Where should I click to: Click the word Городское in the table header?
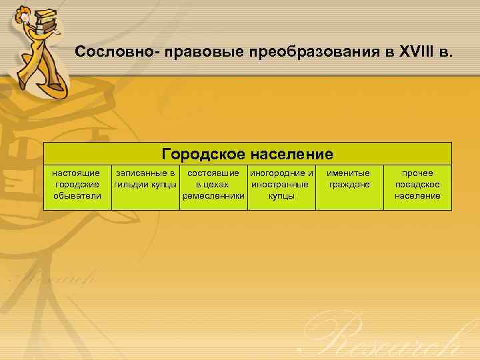pos(203,155)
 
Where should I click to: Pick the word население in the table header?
pos(292,155)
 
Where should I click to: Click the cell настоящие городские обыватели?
pos(77,185)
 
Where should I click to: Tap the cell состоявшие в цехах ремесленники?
pos(213,185)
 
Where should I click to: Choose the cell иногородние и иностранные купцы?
pos(281,185)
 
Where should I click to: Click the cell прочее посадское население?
pos(417,185)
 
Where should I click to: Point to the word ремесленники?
pos(213,196)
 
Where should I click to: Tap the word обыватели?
pos(77,196)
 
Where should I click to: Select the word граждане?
pos(349,185)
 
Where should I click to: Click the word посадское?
pos(417,185)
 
